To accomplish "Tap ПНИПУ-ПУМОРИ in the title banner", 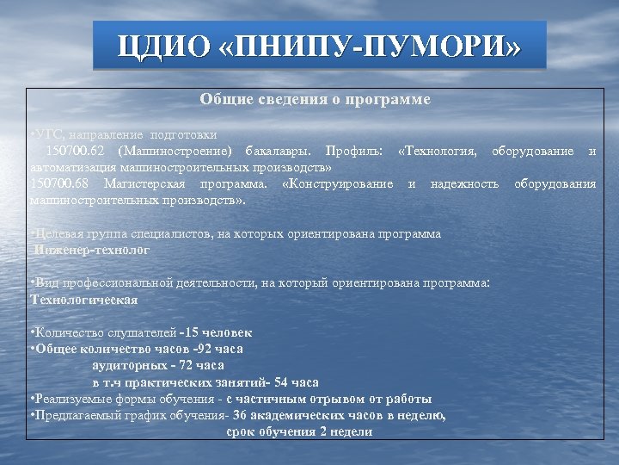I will (x=370, y=46).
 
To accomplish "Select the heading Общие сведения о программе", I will (x=315, y=100).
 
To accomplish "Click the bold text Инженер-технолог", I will (x=93, y=250).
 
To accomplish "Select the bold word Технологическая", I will (x=84, y=300).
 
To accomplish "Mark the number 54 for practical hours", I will (x=280, y=381).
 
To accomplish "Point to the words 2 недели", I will (x=347, y=431).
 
